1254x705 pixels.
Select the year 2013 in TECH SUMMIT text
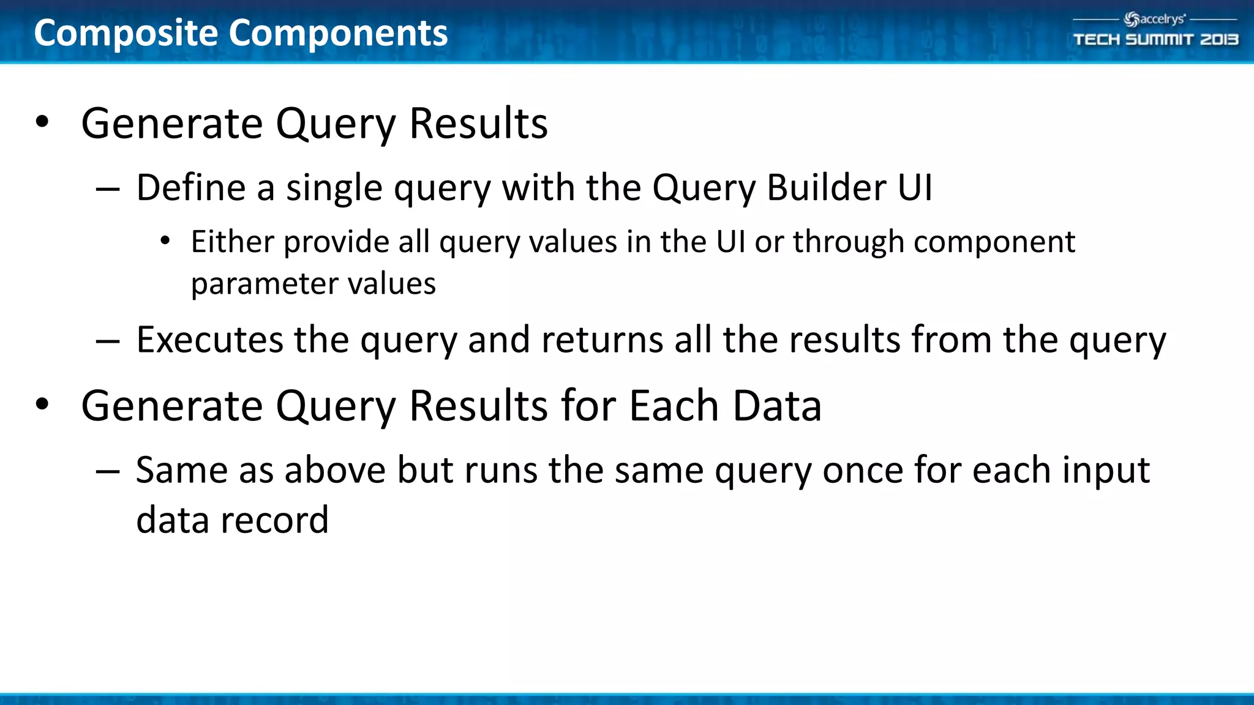click(1218, 40)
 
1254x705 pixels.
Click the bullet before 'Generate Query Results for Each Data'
click(42, 405)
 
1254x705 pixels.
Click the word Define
click(190, 187)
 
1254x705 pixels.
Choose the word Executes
click(209, 340)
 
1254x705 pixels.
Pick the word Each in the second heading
click(674, 406)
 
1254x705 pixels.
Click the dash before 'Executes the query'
click(108, 341)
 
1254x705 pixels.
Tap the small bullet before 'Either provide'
click(165, 242)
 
